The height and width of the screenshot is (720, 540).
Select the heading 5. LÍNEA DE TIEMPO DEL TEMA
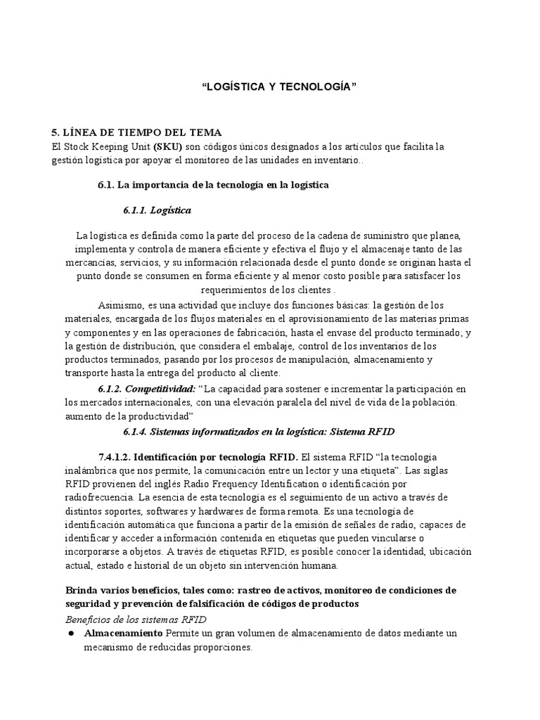click(x=138, y=132)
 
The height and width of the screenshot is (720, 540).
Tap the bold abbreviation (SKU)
click(x=167, y=146)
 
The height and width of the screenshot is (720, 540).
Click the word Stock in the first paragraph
click(x=77, y=146)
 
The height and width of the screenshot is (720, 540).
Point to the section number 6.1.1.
click(x=139, y=210)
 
